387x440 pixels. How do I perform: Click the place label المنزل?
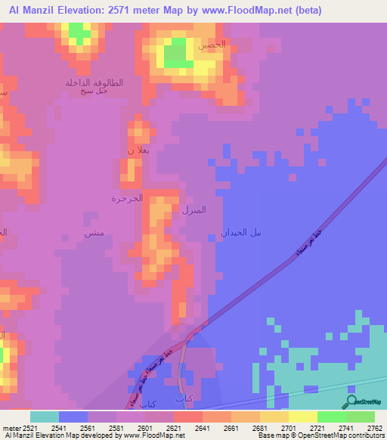(x=193, y=209)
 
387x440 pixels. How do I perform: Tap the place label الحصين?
(x=212, y=45)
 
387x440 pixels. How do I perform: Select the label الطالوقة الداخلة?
(x=94, y=82)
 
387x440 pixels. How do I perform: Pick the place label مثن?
(x=94, y=234)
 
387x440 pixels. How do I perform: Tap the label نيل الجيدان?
(x=241, y=232)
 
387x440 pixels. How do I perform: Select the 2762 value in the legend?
(x=367, y=427)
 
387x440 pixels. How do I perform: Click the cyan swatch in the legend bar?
(x=45, y=417)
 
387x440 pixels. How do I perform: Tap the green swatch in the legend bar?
(x=331, y=417)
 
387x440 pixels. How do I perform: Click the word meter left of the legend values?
(x=11, y=427)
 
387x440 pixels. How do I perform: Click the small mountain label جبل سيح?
(x=94, y=91)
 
